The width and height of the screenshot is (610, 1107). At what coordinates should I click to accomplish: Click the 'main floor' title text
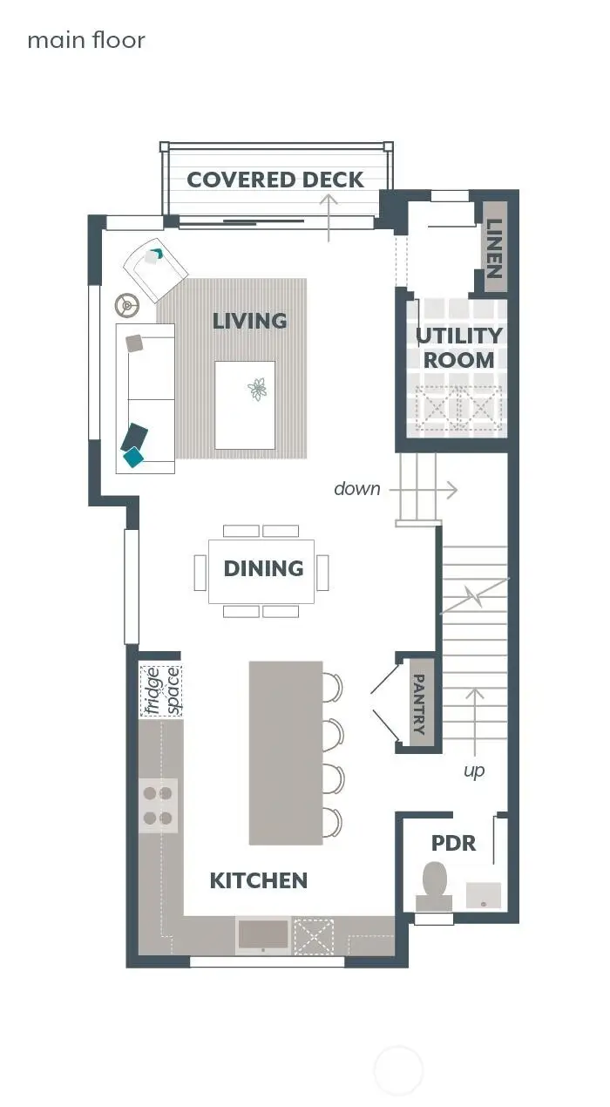pyautogui.click(x=86, y=40)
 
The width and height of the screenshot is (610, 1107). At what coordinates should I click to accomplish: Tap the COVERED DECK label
pyautogui.click(x=275, y=180)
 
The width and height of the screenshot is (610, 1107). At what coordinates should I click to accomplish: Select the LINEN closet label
pyautogui.click(x=494, y=246)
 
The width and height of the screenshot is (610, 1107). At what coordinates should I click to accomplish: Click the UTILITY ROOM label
pyautogui.click(x=459, y=348)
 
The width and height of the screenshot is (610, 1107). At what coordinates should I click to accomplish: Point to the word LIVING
pyautogui.click(x=249, y=321)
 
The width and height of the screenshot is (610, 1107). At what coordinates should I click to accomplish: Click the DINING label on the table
pyautogui.click(x=263, y=568)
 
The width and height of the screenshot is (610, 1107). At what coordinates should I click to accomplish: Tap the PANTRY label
pyautogui.click(x=419, y=703)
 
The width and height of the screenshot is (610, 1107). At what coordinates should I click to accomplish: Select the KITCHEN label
pyautogui.click(x=259, y=880)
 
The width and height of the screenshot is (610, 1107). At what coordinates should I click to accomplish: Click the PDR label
pyautogui.click(x=454, y=843)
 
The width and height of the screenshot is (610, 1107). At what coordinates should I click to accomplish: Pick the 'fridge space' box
pyautogui.click(x=161, y=690)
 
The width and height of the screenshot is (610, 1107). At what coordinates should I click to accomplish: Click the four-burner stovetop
pyautogui.click(x=158, y=805)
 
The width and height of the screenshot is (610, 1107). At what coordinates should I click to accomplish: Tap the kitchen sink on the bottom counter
pyautogui.click(x=263, y=934)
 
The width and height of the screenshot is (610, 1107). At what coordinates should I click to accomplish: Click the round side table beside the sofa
pyautogui.click(x=128, y=304)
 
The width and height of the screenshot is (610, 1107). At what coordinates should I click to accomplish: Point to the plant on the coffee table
pyautogui.click(x=257, y=389)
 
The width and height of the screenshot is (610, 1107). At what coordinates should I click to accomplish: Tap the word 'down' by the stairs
pyautogui.click(x=357, y=489)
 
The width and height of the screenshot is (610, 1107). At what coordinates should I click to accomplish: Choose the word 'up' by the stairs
pyautogui.click(x=474, y=771)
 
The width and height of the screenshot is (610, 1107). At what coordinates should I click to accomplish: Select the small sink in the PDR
pyautogui.click(x=484, y=893)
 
